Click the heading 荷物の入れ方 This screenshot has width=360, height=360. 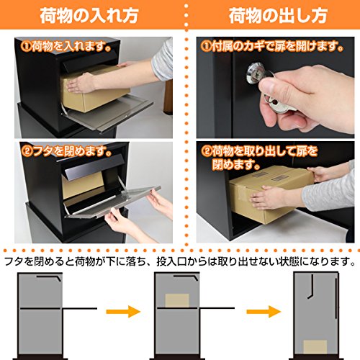(x=89, y=16)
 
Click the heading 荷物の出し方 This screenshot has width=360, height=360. (x=278, y=16)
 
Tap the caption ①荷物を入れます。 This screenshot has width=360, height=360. (x=66, y=46)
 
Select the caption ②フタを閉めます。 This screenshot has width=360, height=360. (x=66, y=151)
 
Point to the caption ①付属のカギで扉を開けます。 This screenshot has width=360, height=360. (x=272, y=46)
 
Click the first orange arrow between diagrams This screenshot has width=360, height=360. (x=123, y=312)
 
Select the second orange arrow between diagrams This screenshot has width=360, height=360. (x=264, y=312)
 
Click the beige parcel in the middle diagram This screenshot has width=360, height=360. (x=177, y=300)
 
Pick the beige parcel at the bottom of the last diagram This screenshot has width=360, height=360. (x=315, y=347)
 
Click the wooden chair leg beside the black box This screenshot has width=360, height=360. (x=168, y=97)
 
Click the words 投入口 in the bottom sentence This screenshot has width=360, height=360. (x=171, y=261)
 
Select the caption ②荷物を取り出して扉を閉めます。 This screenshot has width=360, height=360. (x=259, y=158)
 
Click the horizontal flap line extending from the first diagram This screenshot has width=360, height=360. (x=80, y=308)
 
